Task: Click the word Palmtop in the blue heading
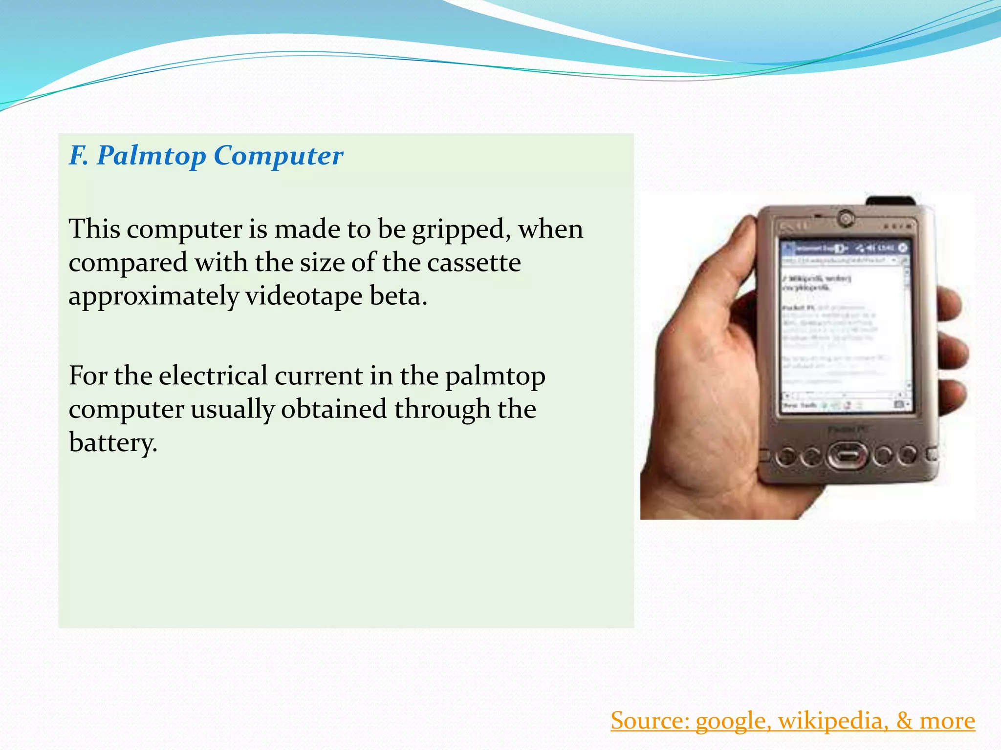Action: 151,156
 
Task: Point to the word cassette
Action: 474,263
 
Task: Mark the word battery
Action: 113,443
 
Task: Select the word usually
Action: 232,410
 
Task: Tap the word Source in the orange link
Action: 650,721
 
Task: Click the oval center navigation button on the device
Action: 847,455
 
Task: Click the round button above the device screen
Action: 845,217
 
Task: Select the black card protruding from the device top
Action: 891,201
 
